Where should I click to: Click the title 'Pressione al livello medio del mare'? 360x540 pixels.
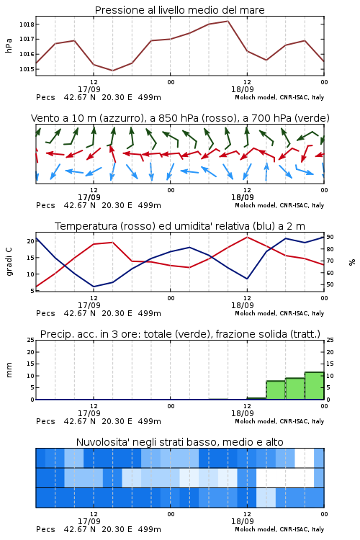point(179,10)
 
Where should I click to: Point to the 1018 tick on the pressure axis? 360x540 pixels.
point(27,24)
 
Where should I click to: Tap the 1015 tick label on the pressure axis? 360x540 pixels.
point(27,69)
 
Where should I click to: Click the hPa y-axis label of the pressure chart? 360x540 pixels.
point(9,45)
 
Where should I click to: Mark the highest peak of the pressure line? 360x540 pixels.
point(228,21)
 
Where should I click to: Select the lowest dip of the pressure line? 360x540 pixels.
point(112,71)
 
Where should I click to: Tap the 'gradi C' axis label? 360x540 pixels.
point(9,262)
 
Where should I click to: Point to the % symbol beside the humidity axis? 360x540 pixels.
point(352,262)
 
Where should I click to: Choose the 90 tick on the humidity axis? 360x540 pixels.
point(330,237)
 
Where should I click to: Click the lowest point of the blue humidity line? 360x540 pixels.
point(94,287)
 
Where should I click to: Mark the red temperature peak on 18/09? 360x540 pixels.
point(247,237)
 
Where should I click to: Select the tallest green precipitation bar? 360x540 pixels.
point(314,386)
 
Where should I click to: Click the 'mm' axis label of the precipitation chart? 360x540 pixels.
point(9,370)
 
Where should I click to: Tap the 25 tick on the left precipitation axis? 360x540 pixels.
point(31,340)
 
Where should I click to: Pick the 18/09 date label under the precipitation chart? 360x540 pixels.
point(242,413)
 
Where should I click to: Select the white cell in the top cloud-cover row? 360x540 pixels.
point(305,458)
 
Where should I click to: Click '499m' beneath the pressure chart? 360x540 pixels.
point(150,97)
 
